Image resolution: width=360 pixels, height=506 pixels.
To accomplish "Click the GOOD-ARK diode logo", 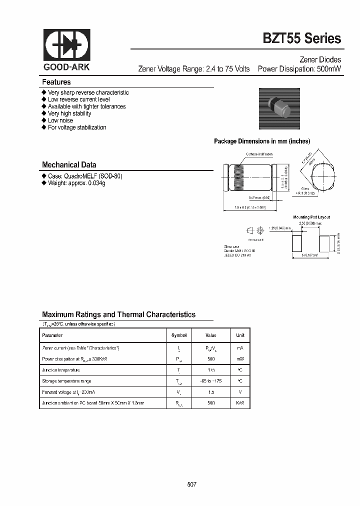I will pos(66,45).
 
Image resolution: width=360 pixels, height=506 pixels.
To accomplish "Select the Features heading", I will pos(56,82).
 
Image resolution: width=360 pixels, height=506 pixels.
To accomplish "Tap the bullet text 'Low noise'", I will pos(60,120).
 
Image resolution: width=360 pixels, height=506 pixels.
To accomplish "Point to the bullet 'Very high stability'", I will pos(69,113).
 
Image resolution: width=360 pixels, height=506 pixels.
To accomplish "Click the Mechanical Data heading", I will pos(69,164).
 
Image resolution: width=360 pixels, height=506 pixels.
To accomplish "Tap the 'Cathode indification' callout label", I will pos(259,154).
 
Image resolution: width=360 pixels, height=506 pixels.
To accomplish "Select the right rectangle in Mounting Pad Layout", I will pos(324,243).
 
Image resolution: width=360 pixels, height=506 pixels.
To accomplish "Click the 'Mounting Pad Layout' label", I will pos(311,217).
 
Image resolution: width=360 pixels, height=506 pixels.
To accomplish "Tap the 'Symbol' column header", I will pos(178,335).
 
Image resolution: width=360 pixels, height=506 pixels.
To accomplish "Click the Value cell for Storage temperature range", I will pos(210,381).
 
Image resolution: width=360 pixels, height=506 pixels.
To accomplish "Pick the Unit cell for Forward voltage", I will pos(240,392).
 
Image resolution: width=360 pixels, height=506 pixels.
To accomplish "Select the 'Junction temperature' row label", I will pos(61,370).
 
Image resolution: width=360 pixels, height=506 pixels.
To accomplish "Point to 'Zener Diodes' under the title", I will pos(320,59).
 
